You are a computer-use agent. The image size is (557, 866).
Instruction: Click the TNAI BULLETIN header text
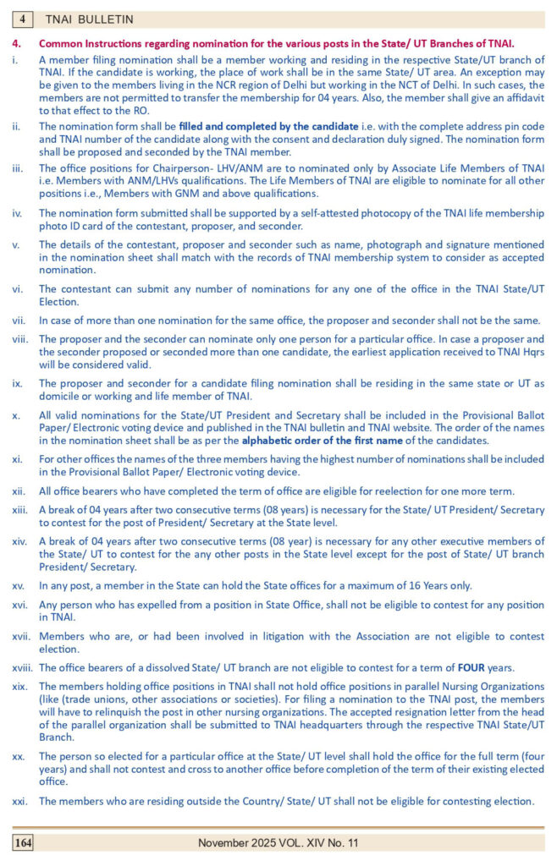(89, 19)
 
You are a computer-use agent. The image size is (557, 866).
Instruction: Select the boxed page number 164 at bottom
(23, 842)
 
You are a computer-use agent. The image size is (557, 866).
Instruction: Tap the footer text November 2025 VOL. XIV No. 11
(278, 842)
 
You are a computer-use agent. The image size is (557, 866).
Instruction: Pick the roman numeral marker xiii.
(20, 511)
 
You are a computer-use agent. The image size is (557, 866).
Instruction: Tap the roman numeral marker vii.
(19, 321)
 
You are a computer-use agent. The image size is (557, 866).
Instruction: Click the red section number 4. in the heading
(16, 42)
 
